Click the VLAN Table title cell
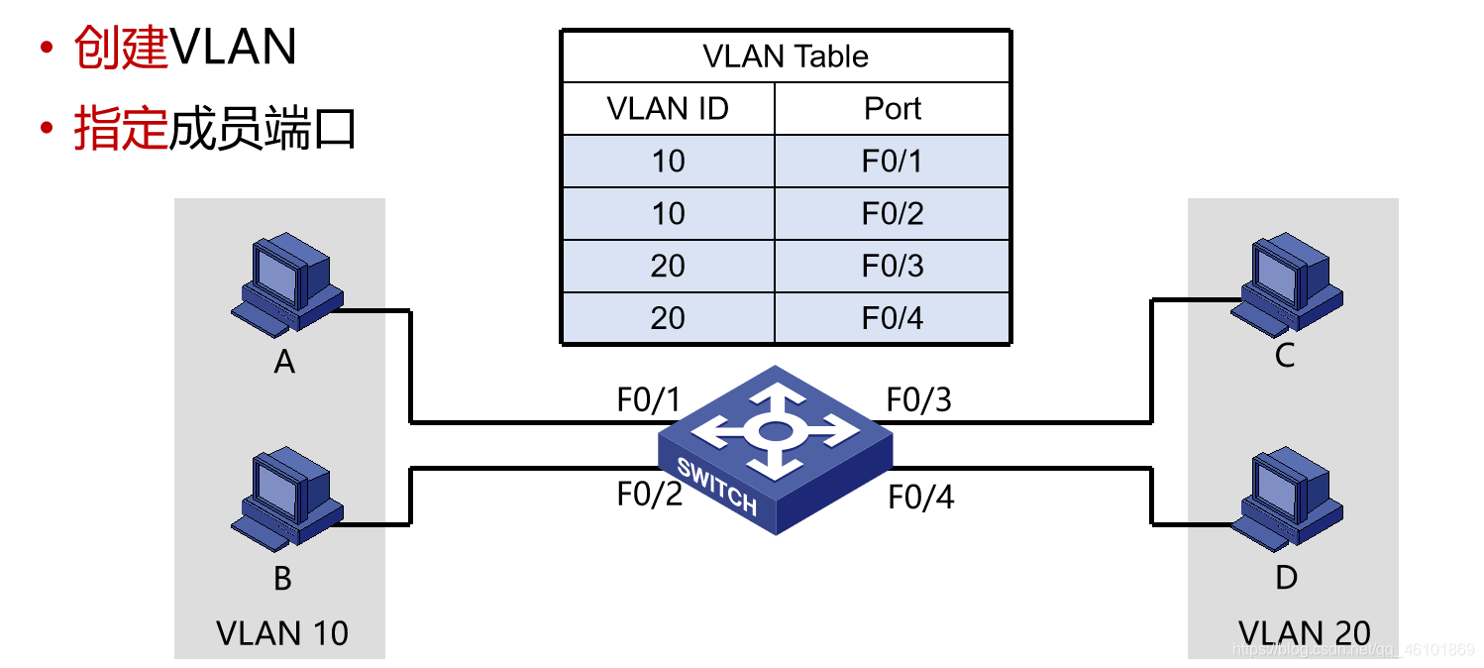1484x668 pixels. pyautogui.click(x=786, y=56)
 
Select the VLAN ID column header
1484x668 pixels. pyautogui.click(x=668, y=108)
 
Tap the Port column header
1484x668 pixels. pyautogui.click(x=893, y=108)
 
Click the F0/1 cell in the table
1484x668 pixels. pyautogui.click(x=893, y=161)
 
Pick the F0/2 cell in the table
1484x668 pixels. pyautogui.click(x=893, y=213)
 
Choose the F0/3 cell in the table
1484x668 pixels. pyautogui.click(x=893, y=266)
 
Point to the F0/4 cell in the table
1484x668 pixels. pyautogui.click(x=893, y=318)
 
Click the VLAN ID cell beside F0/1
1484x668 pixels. pyautogui.click(x=668, y=161)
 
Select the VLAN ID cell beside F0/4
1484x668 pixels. pyautogui.click(x=668, y=318)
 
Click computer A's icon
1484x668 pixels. pyautogui.click(x=286, y=281)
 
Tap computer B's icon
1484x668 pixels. pyautogui.click(x=286, y=499)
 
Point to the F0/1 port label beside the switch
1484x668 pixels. pyautogui.click(x=650, y=400)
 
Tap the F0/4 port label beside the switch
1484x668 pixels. pyautogui.click(x=920, y=497)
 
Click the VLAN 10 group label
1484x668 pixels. pyautogui.click(x=282, y=632)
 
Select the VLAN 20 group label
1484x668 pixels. pyautogui.click(x=1304, y=632)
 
